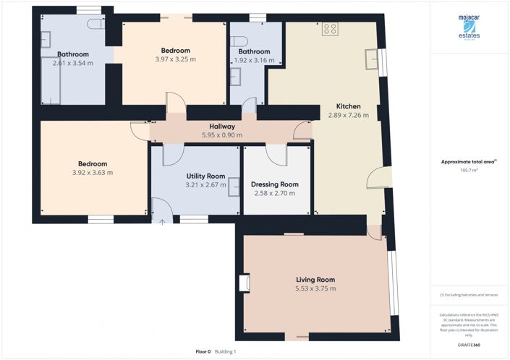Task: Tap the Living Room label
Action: click(x=315, y=280)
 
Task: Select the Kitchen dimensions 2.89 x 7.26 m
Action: click(x=348, y=115)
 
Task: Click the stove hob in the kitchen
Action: click(x=330, y=30)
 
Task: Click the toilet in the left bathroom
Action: click(x=94, y=23)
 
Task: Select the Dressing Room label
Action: click(x=274, y=184)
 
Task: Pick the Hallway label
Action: click(x=221, y=126)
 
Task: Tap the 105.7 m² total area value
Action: click(x=469, y=170)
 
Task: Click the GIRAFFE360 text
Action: click(x=469, y=346)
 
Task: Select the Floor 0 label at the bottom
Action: click(x=203, y=352)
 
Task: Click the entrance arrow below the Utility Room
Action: click(x=161, y=221)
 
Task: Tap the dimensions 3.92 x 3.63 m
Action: click(x=93, y=173)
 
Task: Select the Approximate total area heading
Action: click(x=469, y=162)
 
